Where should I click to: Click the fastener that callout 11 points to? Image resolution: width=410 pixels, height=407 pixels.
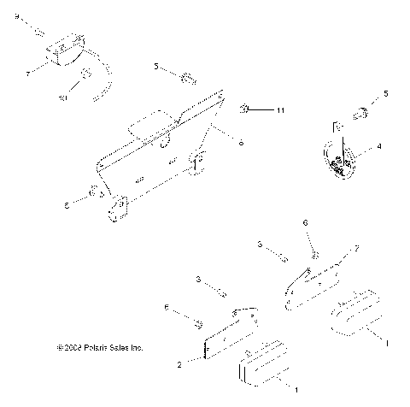[x=244, y=109]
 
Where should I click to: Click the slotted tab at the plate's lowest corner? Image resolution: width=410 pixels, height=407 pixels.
[x=117, y=208]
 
